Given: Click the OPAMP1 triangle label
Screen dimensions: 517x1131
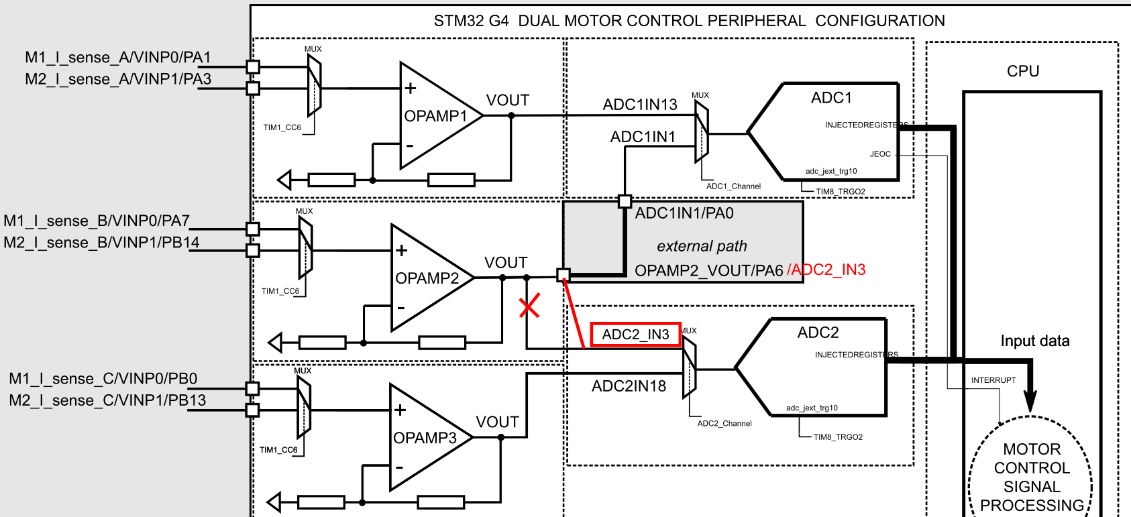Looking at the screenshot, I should click(435, 116).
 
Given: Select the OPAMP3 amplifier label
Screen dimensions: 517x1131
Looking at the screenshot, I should click(425, 438).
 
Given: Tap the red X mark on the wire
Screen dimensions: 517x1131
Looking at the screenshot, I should click(529, 306).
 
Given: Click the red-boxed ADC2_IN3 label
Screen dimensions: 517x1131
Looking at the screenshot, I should click(635, 334).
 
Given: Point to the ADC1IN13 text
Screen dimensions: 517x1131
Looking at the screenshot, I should click(640, 105).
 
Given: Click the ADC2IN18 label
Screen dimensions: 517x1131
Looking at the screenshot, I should click(629, 386).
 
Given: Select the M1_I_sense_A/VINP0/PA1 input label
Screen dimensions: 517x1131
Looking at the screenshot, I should click(118, 58).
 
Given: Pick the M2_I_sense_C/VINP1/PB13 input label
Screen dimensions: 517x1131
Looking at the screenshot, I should click(107, 400).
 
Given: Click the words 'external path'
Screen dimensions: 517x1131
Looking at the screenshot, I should click(702, 246).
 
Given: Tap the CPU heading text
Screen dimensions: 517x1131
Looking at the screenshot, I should click(1023, 71).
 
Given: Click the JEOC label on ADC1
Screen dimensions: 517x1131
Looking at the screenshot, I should click(880, 154).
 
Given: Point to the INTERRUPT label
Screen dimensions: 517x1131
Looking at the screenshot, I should click(993, 380).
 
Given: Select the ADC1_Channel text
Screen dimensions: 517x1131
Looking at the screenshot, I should click(733, 186).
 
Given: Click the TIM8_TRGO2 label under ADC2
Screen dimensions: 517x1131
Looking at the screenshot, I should click(838, 437).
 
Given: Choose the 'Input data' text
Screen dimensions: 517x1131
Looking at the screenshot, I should click(1035, 341).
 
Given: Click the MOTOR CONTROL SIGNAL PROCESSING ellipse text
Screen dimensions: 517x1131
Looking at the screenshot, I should click(1032, 477).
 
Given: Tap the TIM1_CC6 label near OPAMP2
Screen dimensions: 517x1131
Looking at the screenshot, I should click(280, 291).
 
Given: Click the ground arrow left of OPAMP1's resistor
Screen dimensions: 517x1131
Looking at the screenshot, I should click(284, 180).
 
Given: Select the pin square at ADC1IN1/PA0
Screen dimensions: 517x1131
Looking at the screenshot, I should click(625, 201).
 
